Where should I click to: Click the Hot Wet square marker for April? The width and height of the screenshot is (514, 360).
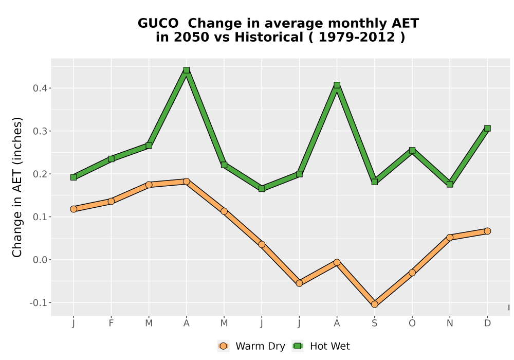(187, 70)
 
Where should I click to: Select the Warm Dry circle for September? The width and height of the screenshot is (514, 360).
(375, 304)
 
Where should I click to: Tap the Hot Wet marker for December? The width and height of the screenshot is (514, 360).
(487, 128)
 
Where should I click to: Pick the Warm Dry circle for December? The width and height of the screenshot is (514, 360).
(487, 231)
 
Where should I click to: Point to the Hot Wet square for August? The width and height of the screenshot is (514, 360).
(337, 85)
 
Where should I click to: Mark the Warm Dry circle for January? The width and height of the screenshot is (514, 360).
(74, 209)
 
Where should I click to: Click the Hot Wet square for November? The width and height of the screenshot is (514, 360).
(450, 184)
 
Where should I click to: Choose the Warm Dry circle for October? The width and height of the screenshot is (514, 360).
(412, 273)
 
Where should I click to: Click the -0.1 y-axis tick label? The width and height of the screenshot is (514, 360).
(39, 302)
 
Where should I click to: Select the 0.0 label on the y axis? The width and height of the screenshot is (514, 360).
(40, 260)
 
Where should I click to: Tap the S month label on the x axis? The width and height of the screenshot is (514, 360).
(375, 323)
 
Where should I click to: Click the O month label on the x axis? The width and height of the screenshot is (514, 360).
(412, 323)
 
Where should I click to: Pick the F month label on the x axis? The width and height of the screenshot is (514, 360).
(111, 323)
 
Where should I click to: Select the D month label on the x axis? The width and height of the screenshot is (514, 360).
(487, 323)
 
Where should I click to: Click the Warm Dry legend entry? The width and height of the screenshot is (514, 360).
(251, 346)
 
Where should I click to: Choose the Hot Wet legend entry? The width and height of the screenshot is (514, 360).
(321, 346)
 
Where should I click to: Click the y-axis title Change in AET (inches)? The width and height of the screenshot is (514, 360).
(17, 187)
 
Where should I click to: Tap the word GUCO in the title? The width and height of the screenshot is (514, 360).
(158, 24)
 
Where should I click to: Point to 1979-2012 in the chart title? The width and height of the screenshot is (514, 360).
(357, 37)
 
